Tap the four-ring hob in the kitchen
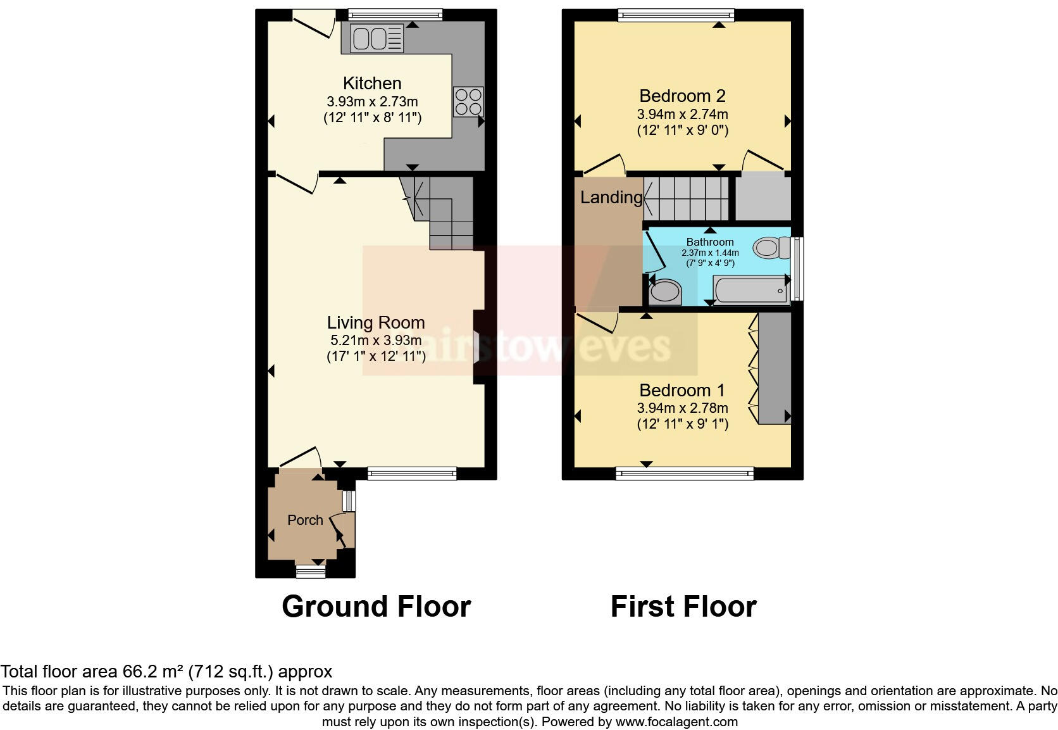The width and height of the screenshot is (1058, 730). [x=468, y=101]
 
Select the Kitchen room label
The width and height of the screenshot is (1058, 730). [x=372, y=83]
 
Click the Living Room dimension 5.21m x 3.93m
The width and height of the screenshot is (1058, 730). [x=375, y=340]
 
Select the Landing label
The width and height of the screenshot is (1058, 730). [x=611, y=198]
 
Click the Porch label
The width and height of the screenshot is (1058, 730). [x=305, y=520]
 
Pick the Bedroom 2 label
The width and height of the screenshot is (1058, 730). [x=682, y=96]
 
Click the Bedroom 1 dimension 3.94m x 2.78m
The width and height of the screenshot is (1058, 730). [x=682, y=408]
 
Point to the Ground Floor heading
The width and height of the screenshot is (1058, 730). [x=376, y=606]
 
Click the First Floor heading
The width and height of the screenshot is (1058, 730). [x=683, y=606]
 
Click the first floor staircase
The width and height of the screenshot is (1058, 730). [x=687, y=198]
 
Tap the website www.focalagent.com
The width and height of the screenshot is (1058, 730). [x=676, y=722]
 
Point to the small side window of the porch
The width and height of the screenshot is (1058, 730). [x=348, y=501]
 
